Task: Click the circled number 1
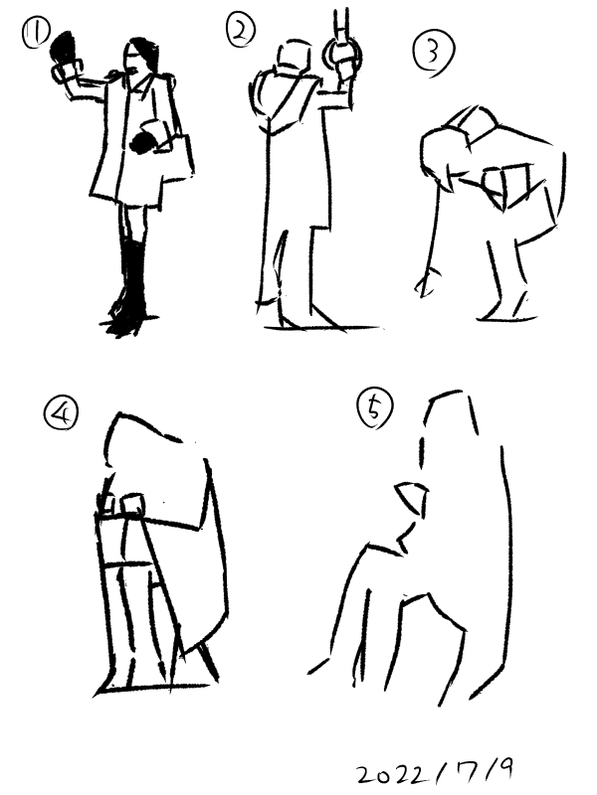click(x=36, y=32)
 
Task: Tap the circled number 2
click(x=240, y=31)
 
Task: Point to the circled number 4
click(x=61, y=412)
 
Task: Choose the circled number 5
click(x=375, y=407)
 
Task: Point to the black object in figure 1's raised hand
click(x=65, y=47)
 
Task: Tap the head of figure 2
click(x=295, y=57)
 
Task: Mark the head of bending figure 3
click(x=440, y=158)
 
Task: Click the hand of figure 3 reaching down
click(x=427, y=283)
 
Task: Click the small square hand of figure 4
click(x=133, y=504)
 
